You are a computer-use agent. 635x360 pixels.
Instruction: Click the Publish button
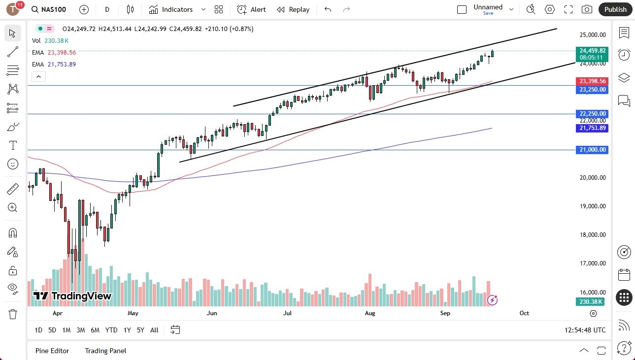click(615, 9)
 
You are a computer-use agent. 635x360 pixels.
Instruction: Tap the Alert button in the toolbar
click(251, 9)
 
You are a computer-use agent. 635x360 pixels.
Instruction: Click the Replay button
click(293, 9)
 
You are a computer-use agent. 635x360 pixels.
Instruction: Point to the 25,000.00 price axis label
click(593, 35)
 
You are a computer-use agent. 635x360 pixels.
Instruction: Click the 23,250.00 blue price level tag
click(593, 90)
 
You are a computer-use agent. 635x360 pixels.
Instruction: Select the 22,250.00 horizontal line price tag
click(593, 114)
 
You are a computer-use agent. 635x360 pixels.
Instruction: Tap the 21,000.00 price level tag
click(593, 150)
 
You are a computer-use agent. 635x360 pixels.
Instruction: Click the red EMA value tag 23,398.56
click(593, 81)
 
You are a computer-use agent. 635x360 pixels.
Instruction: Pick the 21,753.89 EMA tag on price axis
click(593, 128)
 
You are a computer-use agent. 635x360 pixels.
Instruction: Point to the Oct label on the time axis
click(524, 313)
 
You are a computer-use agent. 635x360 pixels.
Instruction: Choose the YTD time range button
click(111, 330)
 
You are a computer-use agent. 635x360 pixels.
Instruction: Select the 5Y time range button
click(140, 330)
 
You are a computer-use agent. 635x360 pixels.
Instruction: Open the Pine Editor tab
click(52, 351)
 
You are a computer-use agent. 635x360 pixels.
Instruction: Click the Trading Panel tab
click(105, 351)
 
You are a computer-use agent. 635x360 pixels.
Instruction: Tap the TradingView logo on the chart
click(72, 296)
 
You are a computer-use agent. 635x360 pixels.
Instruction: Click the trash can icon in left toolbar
click(13, 314)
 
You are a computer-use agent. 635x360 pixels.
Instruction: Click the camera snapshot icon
click(587, 9)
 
